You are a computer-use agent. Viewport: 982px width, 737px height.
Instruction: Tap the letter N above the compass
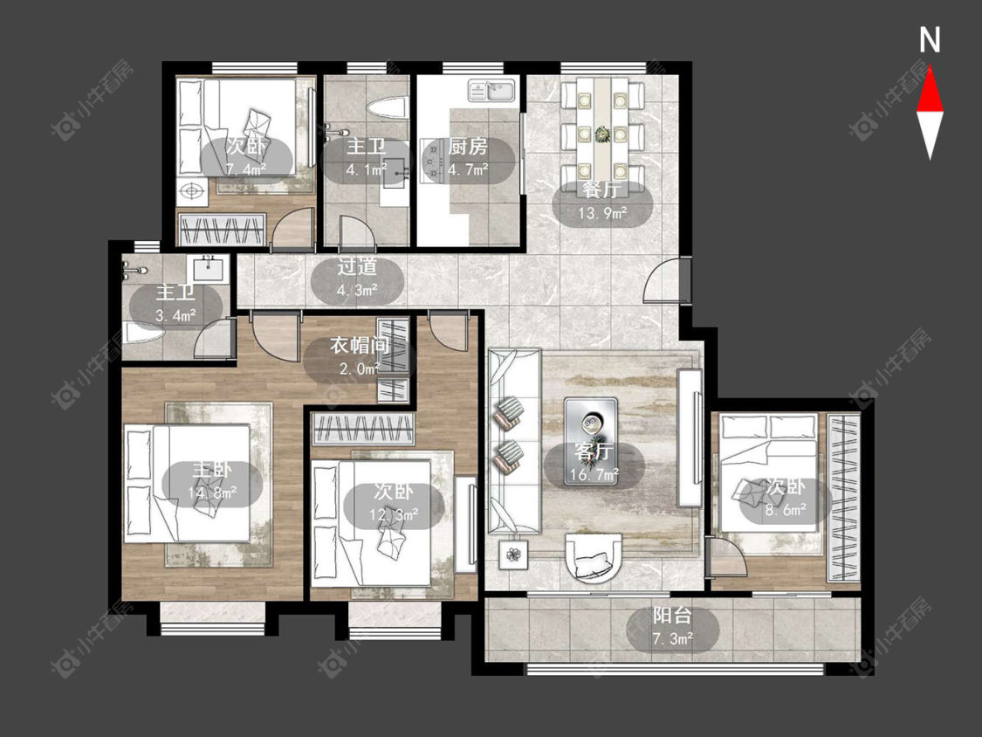click(930, 40)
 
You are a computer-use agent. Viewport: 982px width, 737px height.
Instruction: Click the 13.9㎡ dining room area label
click(602, 214)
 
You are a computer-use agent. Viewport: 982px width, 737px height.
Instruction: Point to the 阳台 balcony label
click(672, 616)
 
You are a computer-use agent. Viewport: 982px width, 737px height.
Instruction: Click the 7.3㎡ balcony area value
click(673, 639)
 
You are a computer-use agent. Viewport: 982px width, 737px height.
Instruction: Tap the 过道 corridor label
click(357, 266)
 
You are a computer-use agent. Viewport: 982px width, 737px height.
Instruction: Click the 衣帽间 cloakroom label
click(360, 345)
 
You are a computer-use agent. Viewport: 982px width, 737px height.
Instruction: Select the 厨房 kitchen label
click(467, 147)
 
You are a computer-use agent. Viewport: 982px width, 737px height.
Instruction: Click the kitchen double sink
click(492, 90)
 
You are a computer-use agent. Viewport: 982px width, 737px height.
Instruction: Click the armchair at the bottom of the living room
click(594, 558)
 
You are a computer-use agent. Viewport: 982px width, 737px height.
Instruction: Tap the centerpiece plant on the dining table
click(602, 134)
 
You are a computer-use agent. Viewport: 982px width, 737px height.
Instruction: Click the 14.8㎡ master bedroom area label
click(212, 492)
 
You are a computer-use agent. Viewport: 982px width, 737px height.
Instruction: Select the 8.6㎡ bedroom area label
click(786, 510)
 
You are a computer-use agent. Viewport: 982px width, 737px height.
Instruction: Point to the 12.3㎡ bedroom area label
click(394, 515)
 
